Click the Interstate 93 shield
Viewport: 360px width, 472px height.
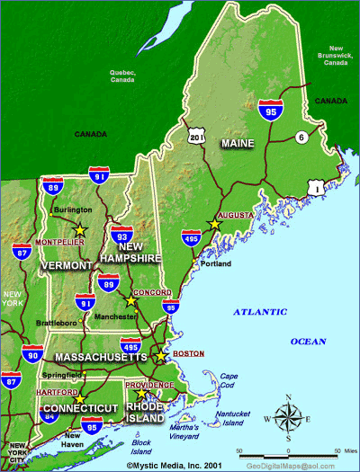tap(123, 235)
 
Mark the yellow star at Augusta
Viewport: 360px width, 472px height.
tap(213, 224)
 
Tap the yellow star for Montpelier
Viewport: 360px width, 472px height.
tap(79, 230)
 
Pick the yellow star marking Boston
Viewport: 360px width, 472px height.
tap(161, 356)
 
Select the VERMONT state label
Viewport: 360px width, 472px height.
tap(66, 266)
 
